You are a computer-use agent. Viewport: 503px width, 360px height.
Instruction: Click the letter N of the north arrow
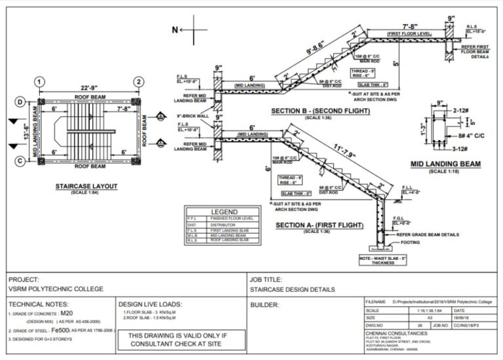coord(174,29)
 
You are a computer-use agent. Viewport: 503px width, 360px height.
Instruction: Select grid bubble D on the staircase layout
coord(20,102)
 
